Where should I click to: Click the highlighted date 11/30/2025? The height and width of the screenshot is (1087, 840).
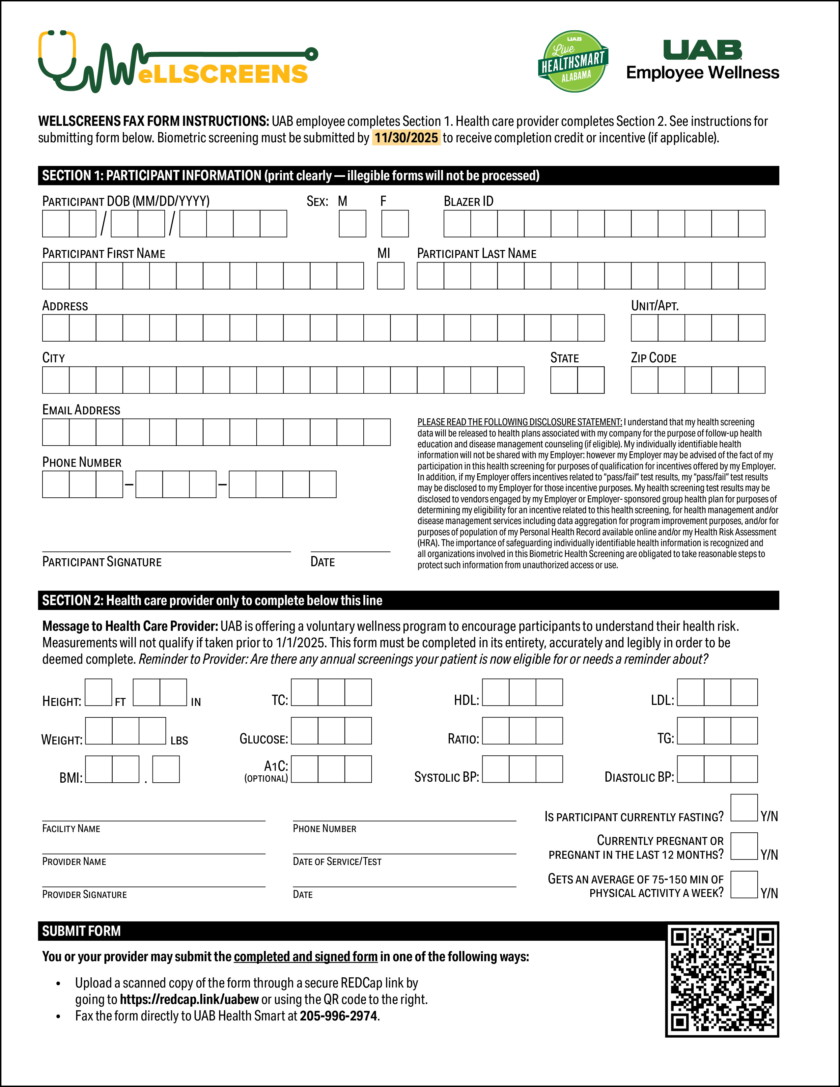pyautogui.click(x=406, y=138)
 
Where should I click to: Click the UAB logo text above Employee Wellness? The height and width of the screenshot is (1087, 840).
pyautogui.click(x=702, y=50)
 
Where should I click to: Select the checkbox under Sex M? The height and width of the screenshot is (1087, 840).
pyautogui.click(x=352, y=223)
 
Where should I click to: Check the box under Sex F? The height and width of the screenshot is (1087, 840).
pyautogui.click(x=395, y=223)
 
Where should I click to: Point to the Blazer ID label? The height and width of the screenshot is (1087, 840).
pyautogui.click(x=468, y=201)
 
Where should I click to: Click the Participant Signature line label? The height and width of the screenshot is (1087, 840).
pyautogui.click(x=102, y=562)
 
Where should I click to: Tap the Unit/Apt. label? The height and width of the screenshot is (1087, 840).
pyautogui.click(x=655, y=306)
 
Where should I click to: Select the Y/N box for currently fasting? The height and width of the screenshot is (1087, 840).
pyautogui.click(x=744, y=808)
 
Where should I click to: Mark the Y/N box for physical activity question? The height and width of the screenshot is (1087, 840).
pyautogui.click(x=744, y=884)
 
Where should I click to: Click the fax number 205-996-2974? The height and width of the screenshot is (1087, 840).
pyautogui.click(x=338, y=1016)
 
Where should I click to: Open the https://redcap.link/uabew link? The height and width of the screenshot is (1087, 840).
pyautogui.click(x=189, y=999)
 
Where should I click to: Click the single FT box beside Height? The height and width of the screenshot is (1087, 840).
pyautogui.click(x=98, y=692)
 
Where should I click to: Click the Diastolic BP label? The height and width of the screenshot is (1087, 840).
pyautogui.click(x=639, y=777)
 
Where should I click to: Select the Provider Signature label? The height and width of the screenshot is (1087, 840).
pyautogui.click(x=85, y=894)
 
